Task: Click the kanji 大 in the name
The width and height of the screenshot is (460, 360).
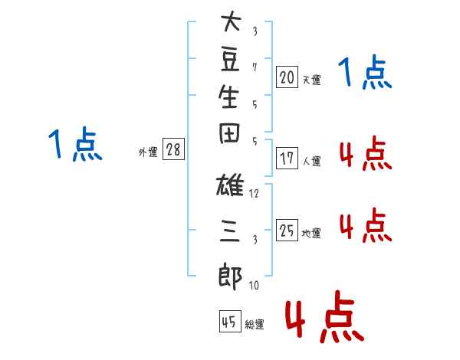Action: [x=232, y=21]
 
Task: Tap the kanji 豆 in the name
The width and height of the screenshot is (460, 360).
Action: [x=230, y=60]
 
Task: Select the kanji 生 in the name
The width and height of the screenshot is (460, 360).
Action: [x=228, y=97]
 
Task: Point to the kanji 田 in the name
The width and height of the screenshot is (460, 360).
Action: [x=229, y=133]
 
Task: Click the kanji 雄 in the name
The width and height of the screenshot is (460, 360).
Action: [x=230, y=185]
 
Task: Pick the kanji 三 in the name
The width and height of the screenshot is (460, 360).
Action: [x=230, y=231]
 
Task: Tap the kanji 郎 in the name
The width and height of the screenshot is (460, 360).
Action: [x=230, y=277]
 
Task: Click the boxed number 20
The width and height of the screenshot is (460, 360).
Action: [x=287, y=77]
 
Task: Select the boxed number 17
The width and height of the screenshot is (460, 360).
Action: [x=287, y=159]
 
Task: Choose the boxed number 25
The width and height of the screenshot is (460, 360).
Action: [x=287, y=230]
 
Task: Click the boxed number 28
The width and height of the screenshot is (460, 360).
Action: [x=173, y=149]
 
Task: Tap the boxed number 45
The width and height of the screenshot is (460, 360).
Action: [x=230, y=321]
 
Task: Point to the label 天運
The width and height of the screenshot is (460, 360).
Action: [x=312, y=80]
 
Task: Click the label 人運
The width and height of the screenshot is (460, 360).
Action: [x=312, y=161]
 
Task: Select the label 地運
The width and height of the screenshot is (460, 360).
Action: [x=311, y=233]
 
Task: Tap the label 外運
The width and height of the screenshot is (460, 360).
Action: [x=148, y=152]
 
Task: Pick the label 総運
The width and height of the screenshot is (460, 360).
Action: [x=255, y=325]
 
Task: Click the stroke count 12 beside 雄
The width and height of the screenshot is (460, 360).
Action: [x=254, y=194]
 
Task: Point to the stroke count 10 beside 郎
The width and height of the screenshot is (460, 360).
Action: [x=254, y=285]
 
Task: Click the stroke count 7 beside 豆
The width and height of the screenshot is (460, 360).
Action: [x=255, y=67]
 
